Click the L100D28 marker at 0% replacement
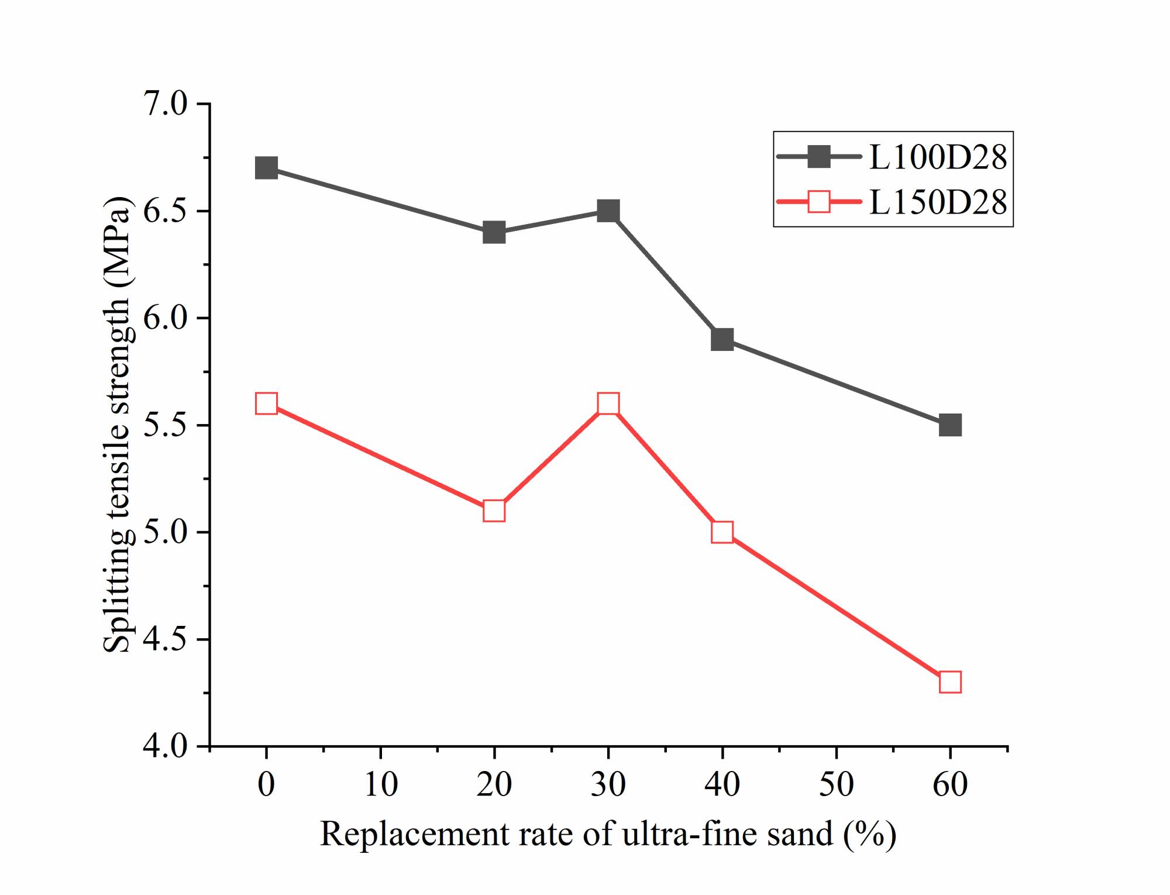click(x=266, y=168)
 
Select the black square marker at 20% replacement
click(x=494, y=232)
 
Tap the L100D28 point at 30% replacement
click(x=608, y=211)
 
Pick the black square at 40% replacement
click(x=722, y=339)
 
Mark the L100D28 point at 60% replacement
click(x=950, y=425)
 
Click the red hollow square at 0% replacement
click(x=266, y=404)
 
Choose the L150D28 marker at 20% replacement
click(x=494, y=511)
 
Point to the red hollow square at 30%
click(x=608, y=404)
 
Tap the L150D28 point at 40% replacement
click(x=722, y=532)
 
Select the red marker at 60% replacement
click(x=950, y=682)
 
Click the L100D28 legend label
click(x=938, y=157)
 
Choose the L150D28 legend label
click(x=938, y=202)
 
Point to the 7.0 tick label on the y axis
click(x=166, y=105)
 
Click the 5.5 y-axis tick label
click(x=166, y=425)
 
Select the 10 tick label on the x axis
click(x=381, y=784)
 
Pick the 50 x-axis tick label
click(x=837, y=784)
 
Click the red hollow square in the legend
click(x=819, y=202)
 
